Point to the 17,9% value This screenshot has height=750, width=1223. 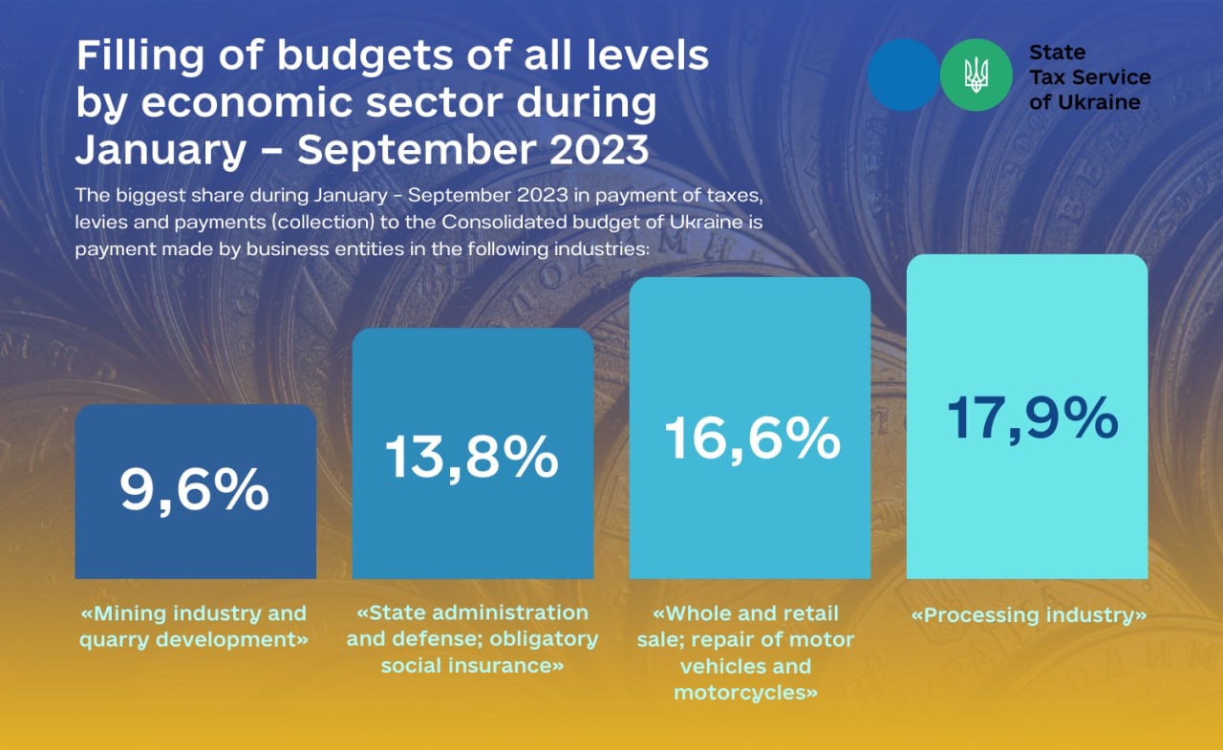(x=1032, y=419)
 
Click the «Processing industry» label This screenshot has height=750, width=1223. (x=1029, y=615)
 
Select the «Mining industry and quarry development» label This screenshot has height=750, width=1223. (x=194, y=626)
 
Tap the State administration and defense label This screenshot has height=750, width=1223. (x=472, y=638)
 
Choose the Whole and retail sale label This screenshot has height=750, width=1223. (x=745, y=652)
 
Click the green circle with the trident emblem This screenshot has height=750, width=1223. (x=976, y=75)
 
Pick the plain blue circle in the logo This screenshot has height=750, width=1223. (x=903, y=75)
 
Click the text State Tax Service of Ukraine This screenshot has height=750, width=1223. (x=1089, y=77)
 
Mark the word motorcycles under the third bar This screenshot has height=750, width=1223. (x=745, y=693)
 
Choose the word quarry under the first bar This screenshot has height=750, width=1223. (x=113, y=639)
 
